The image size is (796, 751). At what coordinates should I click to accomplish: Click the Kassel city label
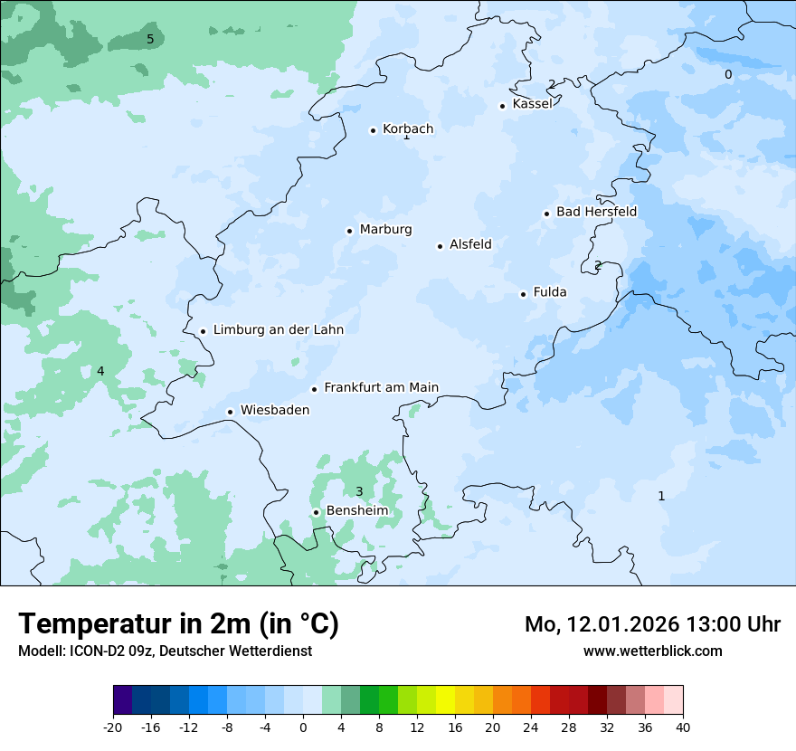532,104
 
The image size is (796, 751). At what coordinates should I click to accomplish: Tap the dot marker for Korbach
373,130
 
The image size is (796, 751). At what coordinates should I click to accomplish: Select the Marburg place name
385,230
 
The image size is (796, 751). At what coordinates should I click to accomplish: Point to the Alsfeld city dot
441,246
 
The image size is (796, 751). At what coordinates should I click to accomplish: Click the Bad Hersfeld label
596,213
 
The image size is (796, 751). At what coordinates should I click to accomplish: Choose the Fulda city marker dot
524,294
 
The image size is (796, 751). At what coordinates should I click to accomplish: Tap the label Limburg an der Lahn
278,330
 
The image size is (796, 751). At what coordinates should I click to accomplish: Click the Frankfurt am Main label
381,388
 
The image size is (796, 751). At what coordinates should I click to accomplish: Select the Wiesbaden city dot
231,412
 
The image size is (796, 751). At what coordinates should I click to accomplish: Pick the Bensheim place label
356,511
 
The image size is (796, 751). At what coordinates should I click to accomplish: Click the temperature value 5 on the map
150,39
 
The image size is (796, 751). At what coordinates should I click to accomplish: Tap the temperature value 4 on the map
100,372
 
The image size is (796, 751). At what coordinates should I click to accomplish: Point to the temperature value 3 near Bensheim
359,492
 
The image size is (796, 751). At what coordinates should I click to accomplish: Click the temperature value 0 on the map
728,74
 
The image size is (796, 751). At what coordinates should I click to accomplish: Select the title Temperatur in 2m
178,624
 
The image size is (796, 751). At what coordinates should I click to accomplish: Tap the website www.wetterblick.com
652,651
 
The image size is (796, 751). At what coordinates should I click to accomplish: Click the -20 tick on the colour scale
113,727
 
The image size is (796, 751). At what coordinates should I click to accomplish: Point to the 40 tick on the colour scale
683,727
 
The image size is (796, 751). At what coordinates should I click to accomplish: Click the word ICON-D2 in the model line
95,651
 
